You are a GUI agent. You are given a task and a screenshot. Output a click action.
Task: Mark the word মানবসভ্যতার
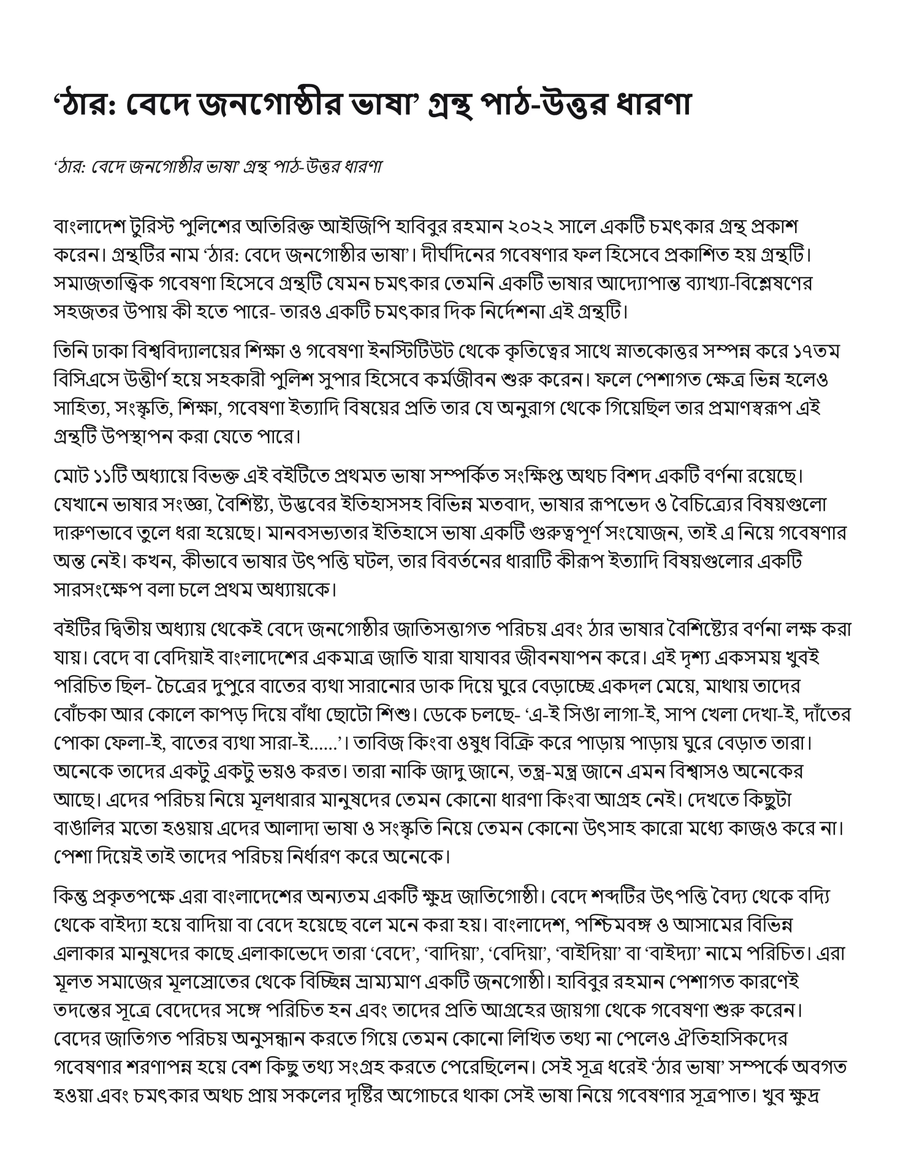(x=314, y=533)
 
